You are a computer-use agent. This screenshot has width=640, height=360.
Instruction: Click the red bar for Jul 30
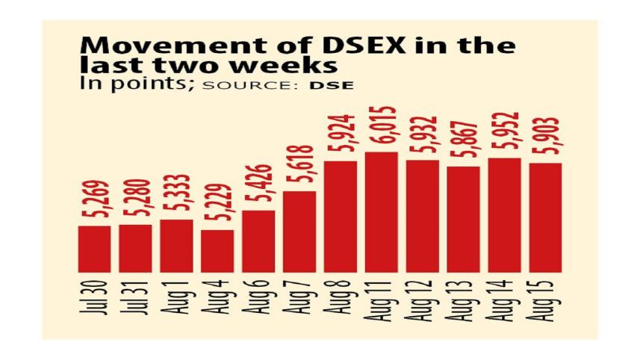[94, 249]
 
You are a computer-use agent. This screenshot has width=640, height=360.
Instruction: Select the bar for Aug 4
[218, 251]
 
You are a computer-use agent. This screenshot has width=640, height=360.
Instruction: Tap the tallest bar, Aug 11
[382, 212]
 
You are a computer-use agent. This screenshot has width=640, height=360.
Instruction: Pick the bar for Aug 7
[300, 232]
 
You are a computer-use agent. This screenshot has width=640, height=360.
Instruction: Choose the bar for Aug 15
[546, 217]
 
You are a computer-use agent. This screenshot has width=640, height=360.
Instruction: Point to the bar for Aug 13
[465, 219]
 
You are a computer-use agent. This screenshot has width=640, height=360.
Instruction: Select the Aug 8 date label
[341, 302]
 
